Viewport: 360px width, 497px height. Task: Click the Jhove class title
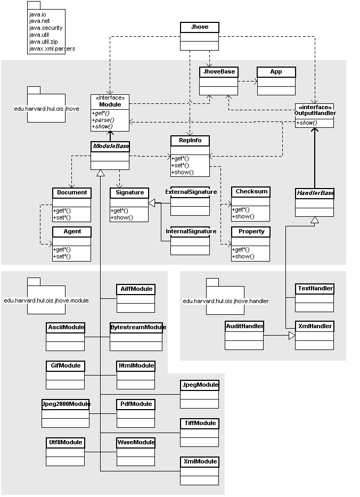pos(200,27)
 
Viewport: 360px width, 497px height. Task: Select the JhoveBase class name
pos(219,71)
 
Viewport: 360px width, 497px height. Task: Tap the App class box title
pos(276,71)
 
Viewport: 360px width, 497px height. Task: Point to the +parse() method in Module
pos(103,120)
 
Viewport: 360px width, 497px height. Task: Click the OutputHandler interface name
pos(315,113)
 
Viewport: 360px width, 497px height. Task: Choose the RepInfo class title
pos(190,140)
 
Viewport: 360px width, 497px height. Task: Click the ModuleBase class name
pos(111,146)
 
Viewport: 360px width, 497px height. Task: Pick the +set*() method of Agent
pos(62,256)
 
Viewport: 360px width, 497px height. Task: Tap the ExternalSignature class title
pos(191,192)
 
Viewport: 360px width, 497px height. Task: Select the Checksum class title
pos(251,191)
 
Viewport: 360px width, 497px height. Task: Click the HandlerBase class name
pos(315,193)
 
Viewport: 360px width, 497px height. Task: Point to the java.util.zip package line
pos(44,42)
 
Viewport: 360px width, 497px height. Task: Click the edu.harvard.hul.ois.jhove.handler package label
pos(226,301)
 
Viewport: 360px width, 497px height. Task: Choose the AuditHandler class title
pos(244,326)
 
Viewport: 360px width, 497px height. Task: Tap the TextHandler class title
pos(315,288)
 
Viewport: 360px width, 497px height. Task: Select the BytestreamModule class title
pos(138,327)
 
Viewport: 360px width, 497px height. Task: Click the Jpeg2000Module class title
pos(66,404)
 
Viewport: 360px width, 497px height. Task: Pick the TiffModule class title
pos(200,423)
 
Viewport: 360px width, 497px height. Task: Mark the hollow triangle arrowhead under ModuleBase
pos(101,173)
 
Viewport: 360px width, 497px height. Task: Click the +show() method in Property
pos(243,256)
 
